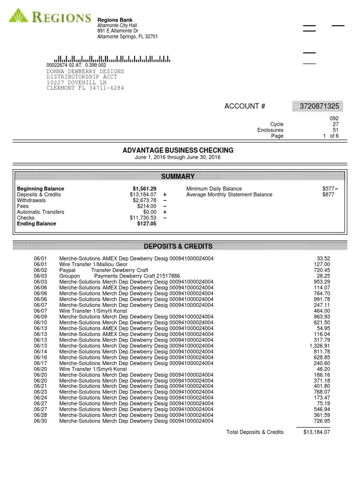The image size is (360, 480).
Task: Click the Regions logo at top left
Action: coord(50,18)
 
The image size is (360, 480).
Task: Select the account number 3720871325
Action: coord(318,106)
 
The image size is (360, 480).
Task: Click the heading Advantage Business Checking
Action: coord(178,150)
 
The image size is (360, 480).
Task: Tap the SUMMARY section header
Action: coord(178,176)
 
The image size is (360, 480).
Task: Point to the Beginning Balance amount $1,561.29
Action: coord(144,189)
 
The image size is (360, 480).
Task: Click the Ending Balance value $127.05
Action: coord(147,224)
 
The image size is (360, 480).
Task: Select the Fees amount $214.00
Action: coord(146,206)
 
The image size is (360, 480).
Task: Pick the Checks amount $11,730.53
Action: coord(143,218)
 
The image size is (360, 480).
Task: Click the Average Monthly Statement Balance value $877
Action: coord(328,195)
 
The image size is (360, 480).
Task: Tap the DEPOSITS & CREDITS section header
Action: coord(178,247)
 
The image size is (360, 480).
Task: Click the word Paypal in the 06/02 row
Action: coord(67,270)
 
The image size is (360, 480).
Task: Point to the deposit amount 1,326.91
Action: coord(320,346)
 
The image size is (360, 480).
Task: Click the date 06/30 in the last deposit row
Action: coord(41,421)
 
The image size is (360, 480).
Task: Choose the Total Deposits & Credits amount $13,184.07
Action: coord(317,432)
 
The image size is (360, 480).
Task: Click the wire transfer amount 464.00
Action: coord(322,311)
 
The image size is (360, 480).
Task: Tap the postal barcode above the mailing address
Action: coord(112,59)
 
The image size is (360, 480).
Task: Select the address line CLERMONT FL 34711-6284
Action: coord(85,88)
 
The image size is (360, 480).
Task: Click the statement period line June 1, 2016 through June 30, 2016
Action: coord(178,157)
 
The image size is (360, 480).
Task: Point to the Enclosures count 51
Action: coord(335,130)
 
